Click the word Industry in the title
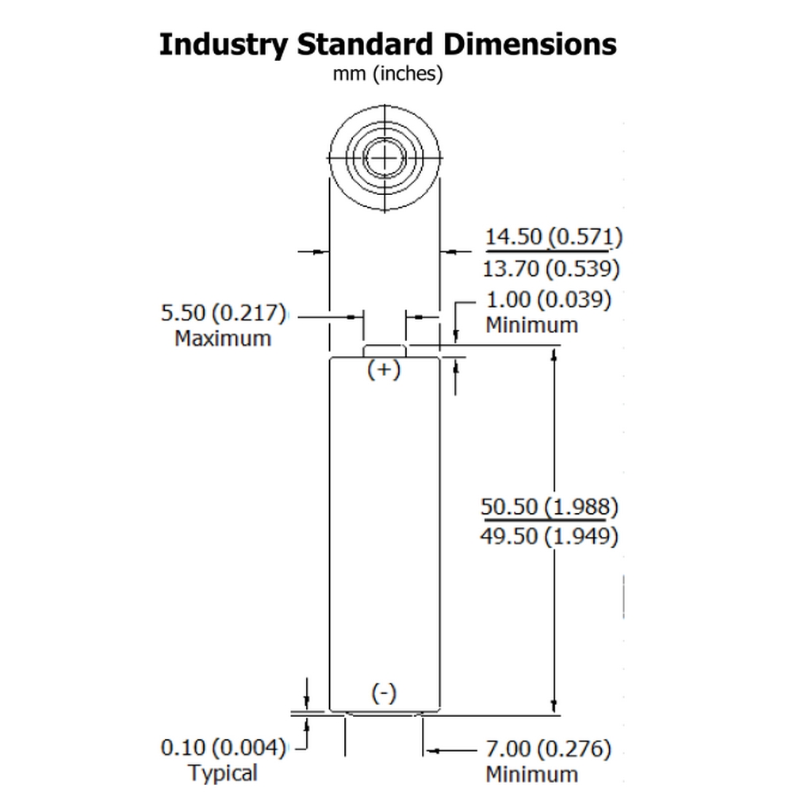click(224, 45)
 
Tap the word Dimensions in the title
click(530, 44)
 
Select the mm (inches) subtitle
click(388, 74)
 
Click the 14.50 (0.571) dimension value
click(554, 236)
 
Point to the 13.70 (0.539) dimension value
click(551, 269)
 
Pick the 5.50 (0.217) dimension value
click(223, 312)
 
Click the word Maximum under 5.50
click(223, 339)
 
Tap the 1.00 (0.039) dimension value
click(548, 300)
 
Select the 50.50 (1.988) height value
click(550, 506)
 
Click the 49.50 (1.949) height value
click(550, 536)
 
